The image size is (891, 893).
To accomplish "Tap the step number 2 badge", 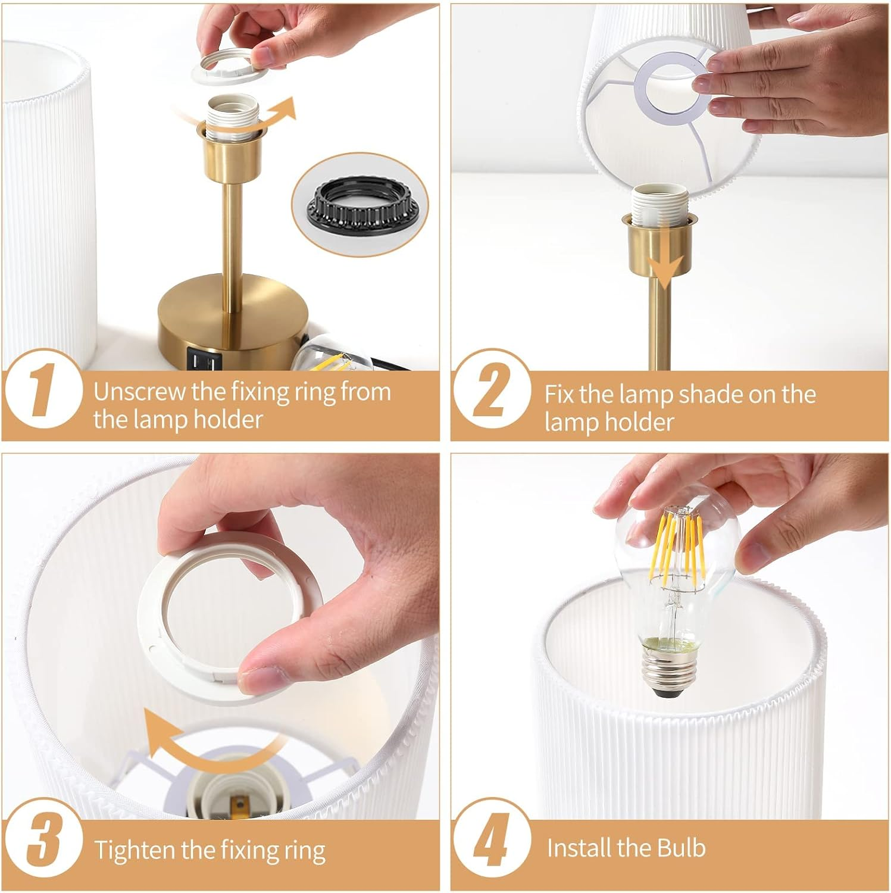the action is click(491, 392).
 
